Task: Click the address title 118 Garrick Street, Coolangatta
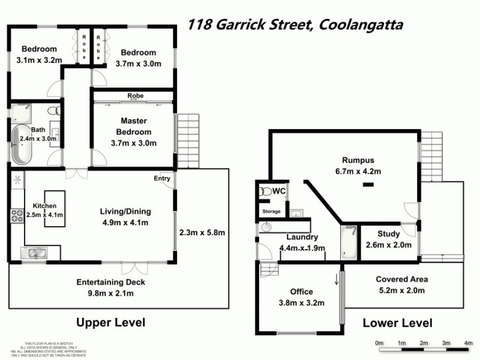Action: tap(295, 25)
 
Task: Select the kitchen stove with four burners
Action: tap(16, 215)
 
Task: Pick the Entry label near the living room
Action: tap(162, 178)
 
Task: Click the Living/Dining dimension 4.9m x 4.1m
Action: tap(125, 223)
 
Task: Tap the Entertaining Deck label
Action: tap(110, 283)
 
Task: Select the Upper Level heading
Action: tap(110, 322)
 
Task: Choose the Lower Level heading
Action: tap(397, 323)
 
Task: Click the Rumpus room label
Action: tap(358, 160)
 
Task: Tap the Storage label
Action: tap(271, 212)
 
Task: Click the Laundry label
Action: tap(298, 237)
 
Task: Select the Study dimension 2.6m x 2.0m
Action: tap(394, 245)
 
